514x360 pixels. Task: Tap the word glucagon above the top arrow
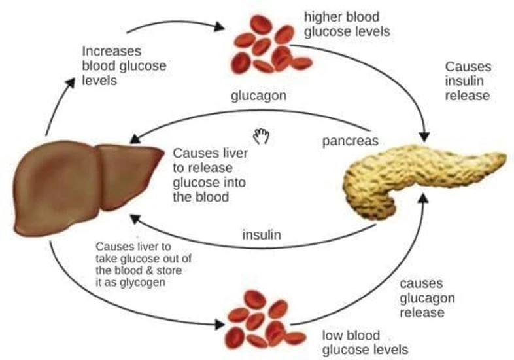tap(258, 96)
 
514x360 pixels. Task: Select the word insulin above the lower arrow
tap(262, 234)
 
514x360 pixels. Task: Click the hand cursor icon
tap(262, 135)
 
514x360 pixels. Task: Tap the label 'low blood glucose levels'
tap(364, 342)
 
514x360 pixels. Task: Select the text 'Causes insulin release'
tap(468, 81)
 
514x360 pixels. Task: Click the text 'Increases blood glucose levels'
tap(124, 65)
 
